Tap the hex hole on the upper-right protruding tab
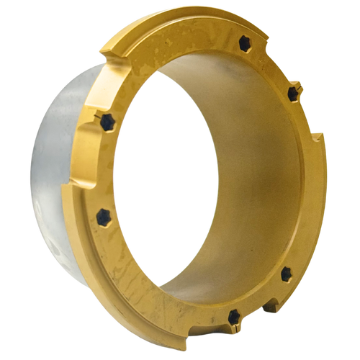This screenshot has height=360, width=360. [x=293, y=94]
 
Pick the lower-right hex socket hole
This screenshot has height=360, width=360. [x=285, y=272]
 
